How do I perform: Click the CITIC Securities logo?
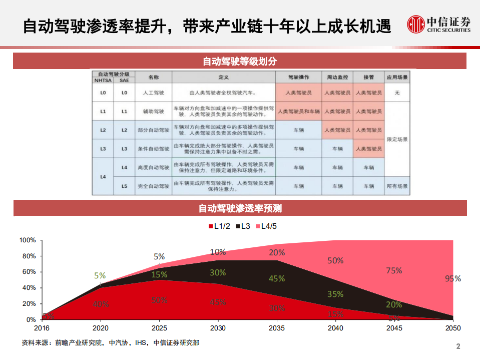pyautogui.click(x=438, y=24)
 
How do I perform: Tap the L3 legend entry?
pyautogui.click(x=245, y=226)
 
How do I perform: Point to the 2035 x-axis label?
pyautogui.click(x=277, y=328)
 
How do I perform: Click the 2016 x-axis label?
pyautogui.click(x=42, y=328)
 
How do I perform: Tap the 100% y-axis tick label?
pyautogui.click(x=28, y=240)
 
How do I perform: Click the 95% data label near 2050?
pyautogui.click(x=452, y=279)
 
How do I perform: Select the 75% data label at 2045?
pyautogui.click(x=394, y=270)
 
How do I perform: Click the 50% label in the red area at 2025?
pyautogui.click(x=159, y=300)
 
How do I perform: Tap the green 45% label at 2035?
pyautogui.click(x=276, y=278)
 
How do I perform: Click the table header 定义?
pyautogui.click(x=223, y=78)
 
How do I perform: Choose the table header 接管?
pyautogui.click(x=368, y=78)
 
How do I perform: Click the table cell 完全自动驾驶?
pyautogui.click(x=153, y=186)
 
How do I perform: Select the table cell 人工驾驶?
pyautogui.click(x=153, y=93)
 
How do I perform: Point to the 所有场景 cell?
pyautogui.click(x=397, y=186)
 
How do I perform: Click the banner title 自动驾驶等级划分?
pyautogui.click(x=240, y=62)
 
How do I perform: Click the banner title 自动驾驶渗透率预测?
pyautogui.click(x=240, y=208)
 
